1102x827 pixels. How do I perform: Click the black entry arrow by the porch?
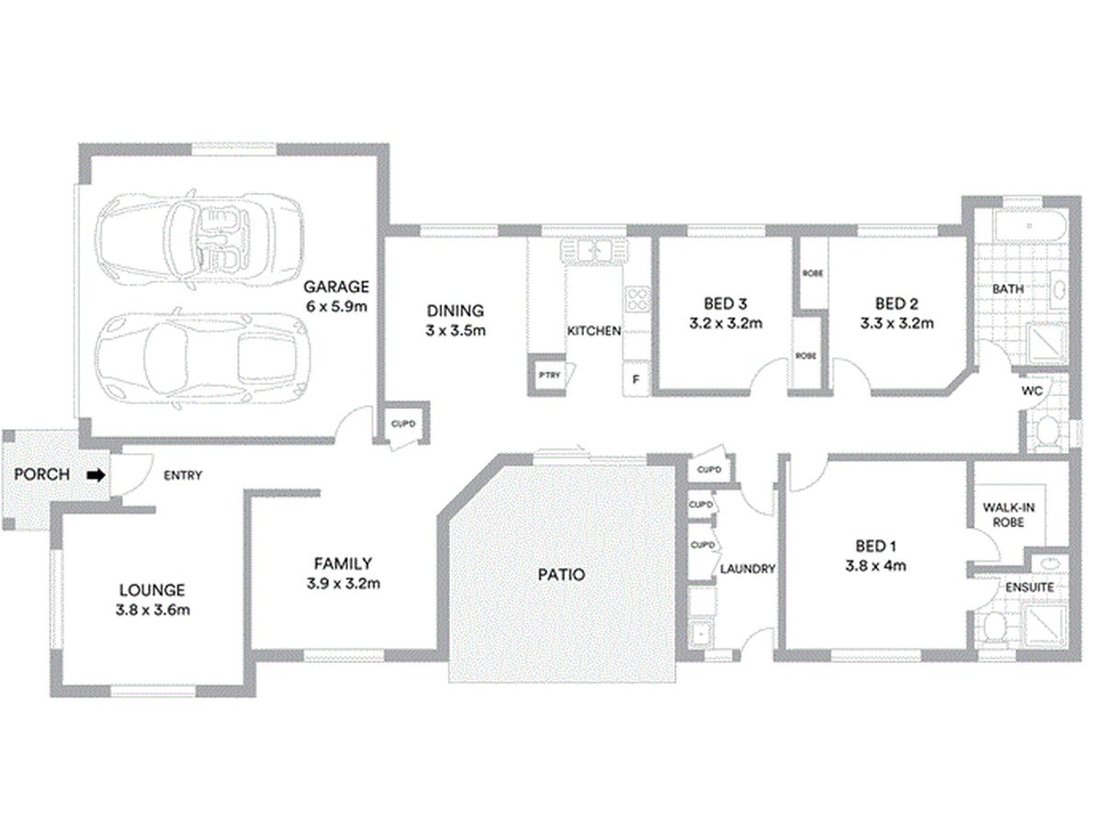[96, 474]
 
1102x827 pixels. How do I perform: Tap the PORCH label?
[41, 474]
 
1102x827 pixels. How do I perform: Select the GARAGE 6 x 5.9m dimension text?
[336, 306]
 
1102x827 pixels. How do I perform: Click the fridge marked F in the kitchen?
[635, 378]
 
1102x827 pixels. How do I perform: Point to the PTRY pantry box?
[549, 375]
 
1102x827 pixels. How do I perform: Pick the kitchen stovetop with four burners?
[637, 299]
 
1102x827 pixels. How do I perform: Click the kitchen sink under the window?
[594, 250]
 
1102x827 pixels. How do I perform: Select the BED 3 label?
[725, 303]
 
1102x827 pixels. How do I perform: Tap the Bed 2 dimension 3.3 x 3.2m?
[896, 323]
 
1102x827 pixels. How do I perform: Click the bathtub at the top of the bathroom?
[1029, 226]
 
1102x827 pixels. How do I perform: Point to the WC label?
[1031, 391]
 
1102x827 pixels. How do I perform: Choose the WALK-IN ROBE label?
[1008, 515]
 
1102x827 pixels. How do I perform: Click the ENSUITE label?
[1029, 587]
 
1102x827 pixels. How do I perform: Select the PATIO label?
[561, 574]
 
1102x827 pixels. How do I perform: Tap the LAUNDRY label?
[748, 569]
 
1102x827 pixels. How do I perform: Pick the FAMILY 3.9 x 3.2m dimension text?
[343, 583]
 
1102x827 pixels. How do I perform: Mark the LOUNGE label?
[152, 590]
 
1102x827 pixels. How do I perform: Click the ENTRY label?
[183, 475]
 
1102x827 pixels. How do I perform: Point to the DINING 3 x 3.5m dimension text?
[455, 331]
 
